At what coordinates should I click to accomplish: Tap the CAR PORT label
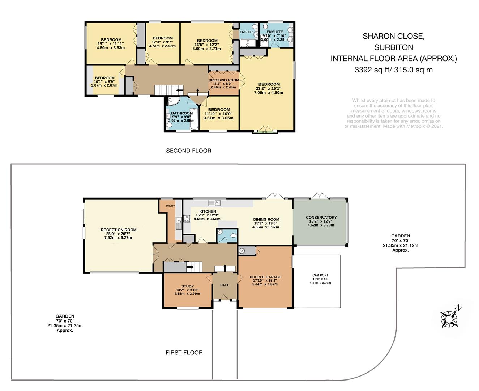320,275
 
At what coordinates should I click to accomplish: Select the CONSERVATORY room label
321,217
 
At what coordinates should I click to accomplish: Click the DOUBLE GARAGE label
265,277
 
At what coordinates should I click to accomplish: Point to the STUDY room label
188,286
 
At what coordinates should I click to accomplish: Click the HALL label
224,285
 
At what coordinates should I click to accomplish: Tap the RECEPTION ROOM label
119,230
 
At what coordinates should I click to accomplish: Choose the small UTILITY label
170,206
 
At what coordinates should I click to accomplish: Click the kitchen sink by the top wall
214,203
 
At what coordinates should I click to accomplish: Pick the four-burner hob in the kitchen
187,219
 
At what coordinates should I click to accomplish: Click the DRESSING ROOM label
224,80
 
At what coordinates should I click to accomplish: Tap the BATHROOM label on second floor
182,113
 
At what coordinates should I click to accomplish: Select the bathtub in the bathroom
194,119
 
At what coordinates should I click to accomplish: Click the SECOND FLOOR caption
189,151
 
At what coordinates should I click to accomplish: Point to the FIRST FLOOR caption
184,353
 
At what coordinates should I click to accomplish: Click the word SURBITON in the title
394,47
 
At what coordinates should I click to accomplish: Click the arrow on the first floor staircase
190,267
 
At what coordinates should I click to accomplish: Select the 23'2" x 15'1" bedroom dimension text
269,88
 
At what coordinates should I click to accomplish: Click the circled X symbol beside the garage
241,251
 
